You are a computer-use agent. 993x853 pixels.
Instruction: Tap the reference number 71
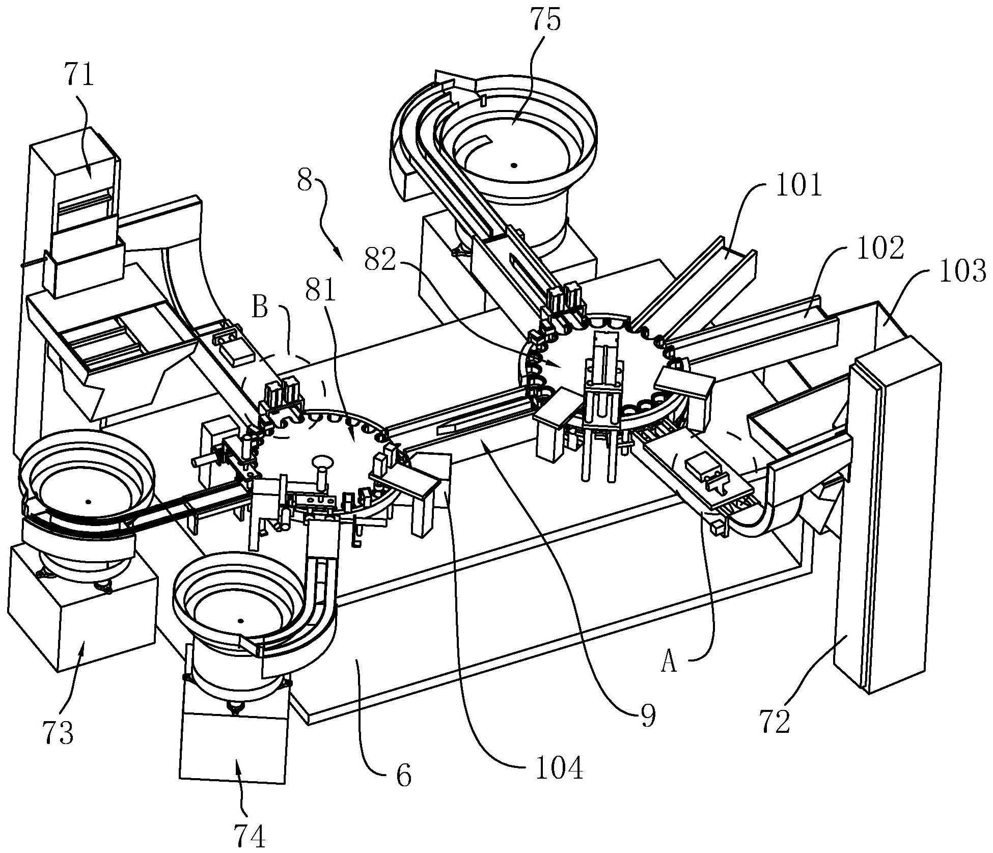(x=80, y=75)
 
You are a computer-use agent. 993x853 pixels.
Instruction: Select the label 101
(x=798, y=186)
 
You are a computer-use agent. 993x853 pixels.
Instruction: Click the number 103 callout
(x=962, y=271)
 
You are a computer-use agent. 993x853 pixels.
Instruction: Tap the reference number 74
(x=251, y=836)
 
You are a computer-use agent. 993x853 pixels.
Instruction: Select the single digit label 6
(x=403, y=776)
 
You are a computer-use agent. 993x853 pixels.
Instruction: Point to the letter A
(x=669, y=663)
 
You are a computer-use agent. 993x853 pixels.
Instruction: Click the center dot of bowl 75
(x=514, y=165)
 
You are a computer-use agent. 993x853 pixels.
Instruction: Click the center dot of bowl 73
(x=88, y=501)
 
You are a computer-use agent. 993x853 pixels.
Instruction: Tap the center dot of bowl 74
(x=241, y=621)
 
